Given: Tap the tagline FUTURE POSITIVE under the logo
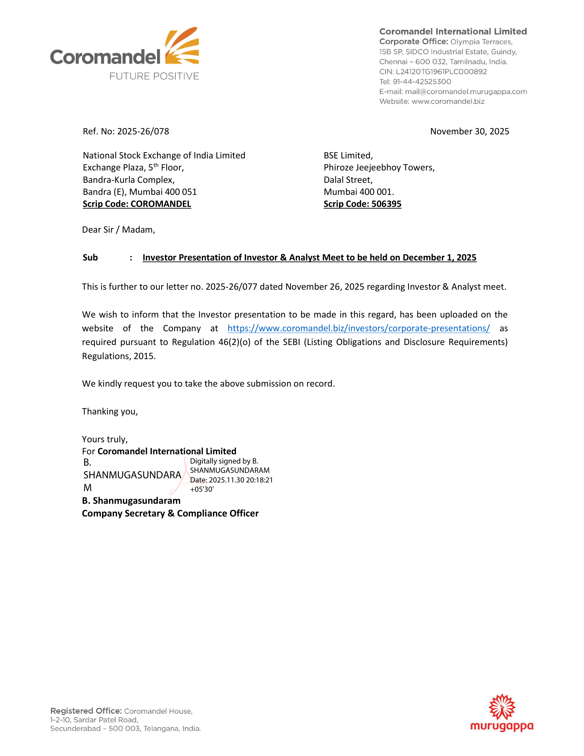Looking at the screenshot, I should click(x=154, y=76).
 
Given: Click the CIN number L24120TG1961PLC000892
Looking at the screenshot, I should click(x=441, y=72).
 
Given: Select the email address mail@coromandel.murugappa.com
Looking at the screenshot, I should click(x=466, y=92).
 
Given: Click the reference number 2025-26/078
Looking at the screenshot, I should click(x=143, y=132).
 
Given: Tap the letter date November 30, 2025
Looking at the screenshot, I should click(x=470, y=132).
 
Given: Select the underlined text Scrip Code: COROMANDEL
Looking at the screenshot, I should click(x=137, y=204).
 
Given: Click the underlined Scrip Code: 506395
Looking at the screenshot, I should click(x=362, y=204).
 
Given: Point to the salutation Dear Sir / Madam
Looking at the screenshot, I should click(x=118, y=230).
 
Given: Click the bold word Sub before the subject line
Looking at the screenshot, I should click(x=90, y=257).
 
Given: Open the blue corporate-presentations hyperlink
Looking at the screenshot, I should click(x=358, y=328).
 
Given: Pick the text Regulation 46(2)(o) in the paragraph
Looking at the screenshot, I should click(x=211, y=342).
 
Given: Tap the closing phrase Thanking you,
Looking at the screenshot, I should click(x=110, y=411).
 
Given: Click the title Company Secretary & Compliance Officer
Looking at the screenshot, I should click(x=170, y=513).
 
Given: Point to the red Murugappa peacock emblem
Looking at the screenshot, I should click(x=502, y=707).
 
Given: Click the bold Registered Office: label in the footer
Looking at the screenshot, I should click(x=86, y=711).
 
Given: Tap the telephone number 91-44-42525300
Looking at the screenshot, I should click(x=422, y=82).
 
